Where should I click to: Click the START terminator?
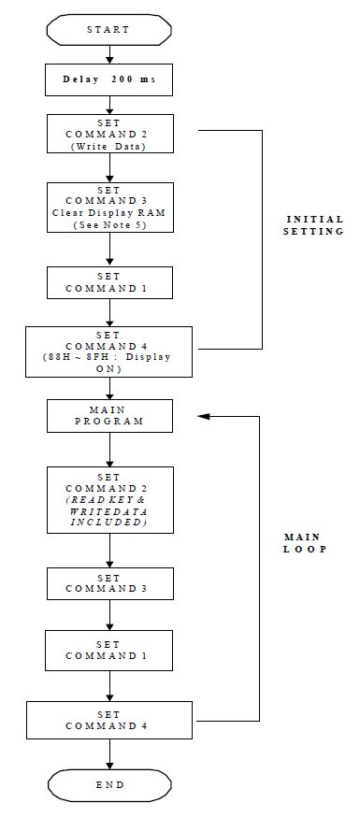click(x=109, y=30)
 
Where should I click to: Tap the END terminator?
click(x=109, y=783)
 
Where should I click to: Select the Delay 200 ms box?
click(x=109, y=80)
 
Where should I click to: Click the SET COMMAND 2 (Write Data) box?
click(x=109, y=134)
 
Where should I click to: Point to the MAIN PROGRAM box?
click(x=109, y=415)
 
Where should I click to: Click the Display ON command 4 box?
click(x=109, y=351)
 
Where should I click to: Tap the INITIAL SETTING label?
click(x=314, y=224)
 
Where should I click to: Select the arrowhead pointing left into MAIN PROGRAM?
click(x=203, y=416)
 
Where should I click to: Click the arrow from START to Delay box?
click(x=109, y=55)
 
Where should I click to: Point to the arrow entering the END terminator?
click(x=109, y=758)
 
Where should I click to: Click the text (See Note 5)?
click(x=109, y=225)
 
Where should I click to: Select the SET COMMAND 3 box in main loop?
click(x=109, y=583)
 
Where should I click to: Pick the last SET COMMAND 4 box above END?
click(x=109, y=719)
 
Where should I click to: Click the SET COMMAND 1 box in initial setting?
click(x=109, y=283)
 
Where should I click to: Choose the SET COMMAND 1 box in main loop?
click(x=109, y=651)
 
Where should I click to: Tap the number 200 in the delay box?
click(x=122, y=80)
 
